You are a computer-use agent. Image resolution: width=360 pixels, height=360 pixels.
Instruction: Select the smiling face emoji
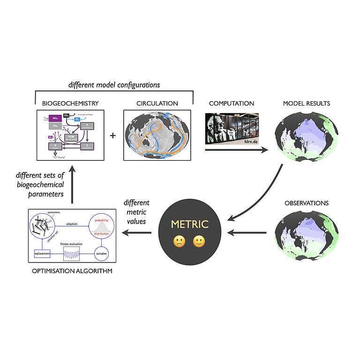[199, 242]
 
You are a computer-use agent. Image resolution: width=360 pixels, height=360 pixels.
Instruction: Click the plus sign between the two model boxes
[112, 135]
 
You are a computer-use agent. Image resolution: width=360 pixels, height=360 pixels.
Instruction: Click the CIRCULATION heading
[157, 103]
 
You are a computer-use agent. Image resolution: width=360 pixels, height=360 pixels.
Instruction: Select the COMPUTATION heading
[232, 103]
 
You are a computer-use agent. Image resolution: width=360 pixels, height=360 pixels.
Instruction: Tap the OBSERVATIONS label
[307, 203]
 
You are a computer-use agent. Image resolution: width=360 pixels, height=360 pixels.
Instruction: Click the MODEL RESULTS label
[307, 103]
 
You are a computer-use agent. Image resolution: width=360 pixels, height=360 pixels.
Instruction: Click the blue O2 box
[78, 120]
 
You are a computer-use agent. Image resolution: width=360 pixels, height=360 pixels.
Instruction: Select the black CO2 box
[67, 115]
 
